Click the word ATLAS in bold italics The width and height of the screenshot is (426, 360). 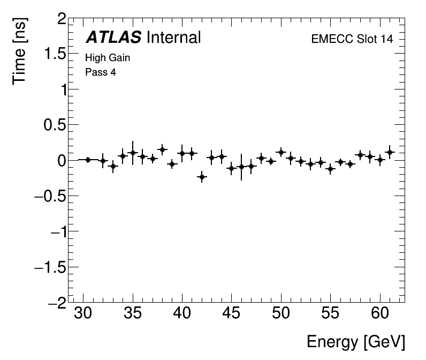click(x=113, y=37)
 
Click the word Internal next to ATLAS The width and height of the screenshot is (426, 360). click(x=173, y=37)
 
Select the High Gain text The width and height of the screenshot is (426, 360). click(x=108, y=58)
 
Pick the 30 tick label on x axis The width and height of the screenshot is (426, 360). click(x=83, y=314)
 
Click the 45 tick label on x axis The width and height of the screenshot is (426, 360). click(x=232, y=314)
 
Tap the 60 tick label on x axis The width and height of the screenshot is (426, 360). click(x=380, y=314)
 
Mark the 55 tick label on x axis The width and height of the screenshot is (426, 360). click(x=331, y=314)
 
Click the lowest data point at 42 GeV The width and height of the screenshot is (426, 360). click(x=202, y=176)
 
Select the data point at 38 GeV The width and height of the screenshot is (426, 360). click(x=162, y=149)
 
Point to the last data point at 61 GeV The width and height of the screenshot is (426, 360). click(x=390, y=152)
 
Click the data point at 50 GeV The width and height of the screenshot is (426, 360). click(x=281, y=152)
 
